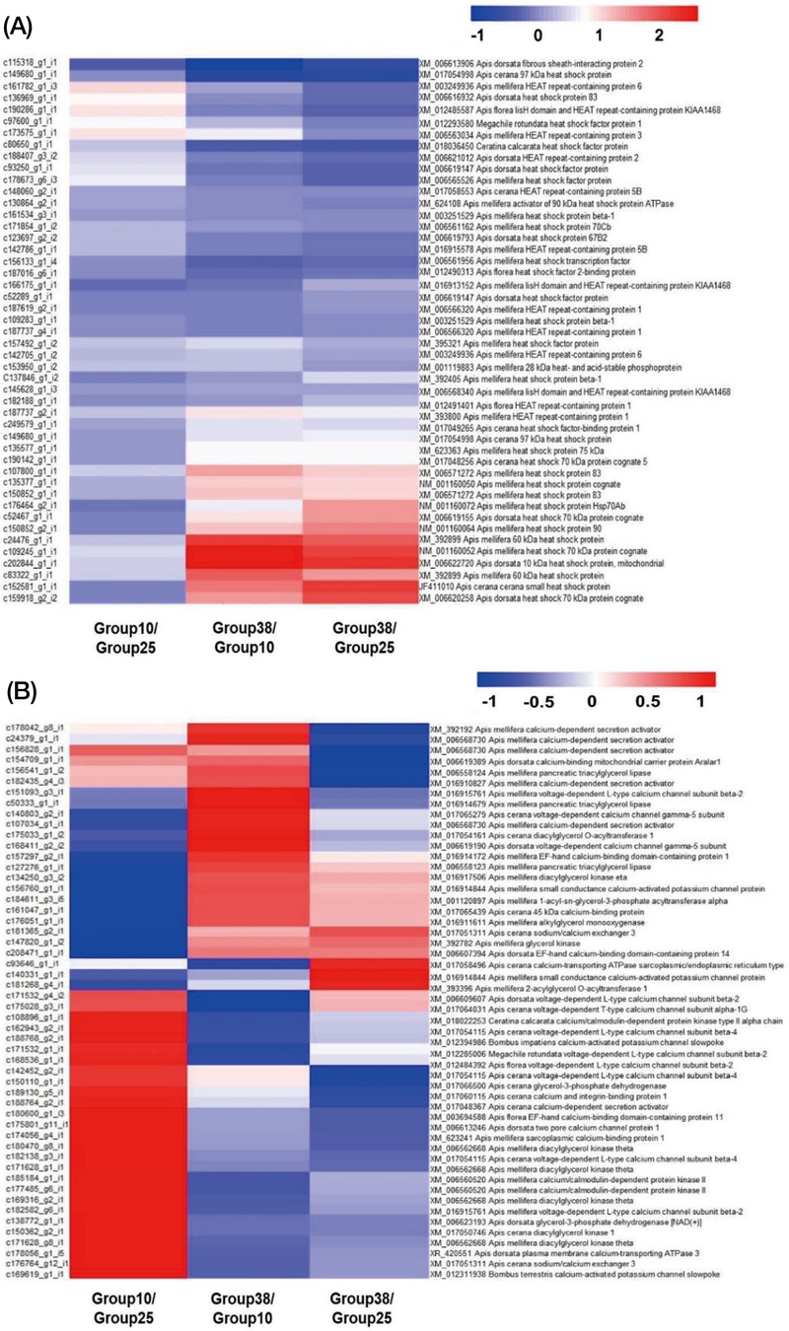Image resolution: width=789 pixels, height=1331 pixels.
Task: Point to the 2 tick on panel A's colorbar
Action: click(658, 35)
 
